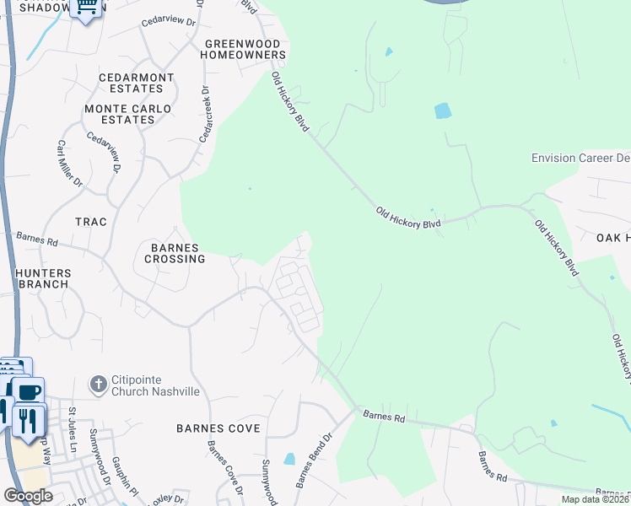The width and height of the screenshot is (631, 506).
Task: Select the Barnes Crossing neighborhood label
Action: click(175, 253)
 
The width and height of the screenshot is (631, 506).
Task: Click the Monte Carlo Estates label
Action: click(127, 114)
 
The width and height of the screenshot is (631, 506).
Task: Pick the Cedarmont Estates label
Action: click(136, 83)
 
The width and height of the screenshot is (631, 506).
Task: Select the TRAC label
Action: click(91, 222)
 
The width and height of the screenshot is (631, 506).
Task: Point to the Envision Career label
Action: click(580, 159)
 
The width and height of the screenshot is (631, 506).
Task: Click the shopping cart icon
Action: click(85, 8)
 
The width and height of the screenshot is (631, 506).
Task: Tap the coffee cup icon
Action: click(28, 392)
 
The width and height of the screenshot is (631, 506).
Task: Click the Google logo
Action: click(29, 496)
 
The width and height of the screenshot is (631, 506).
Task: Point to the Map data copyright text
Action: click(595, 499)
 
